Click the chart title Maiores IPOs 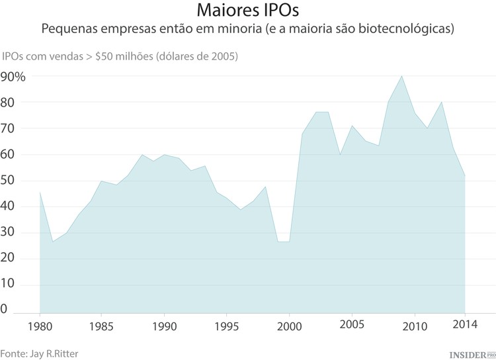[247, 12]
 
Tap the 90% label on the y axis [13, 77]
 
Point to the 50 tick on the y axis [9, 181]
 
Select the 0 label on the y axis [5, 309]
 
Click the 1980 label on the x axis [40, 326]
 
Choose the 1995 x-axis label [227, 326]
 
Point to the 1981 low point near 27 [52, 242]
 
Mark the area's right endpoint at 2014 [465, 175]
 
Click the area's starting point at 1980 [40, 192]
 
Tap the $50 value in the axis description [105, 56]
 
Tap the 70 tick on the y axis [9, 129]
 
